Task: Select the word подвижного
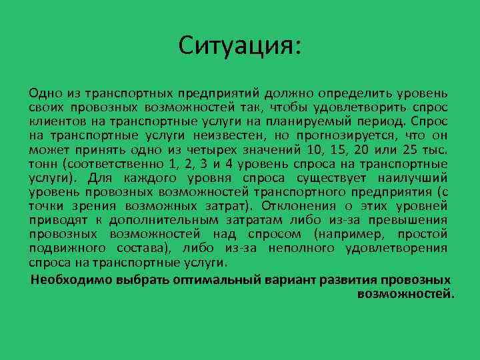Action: pyautogui.click(x=59, y=249)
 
